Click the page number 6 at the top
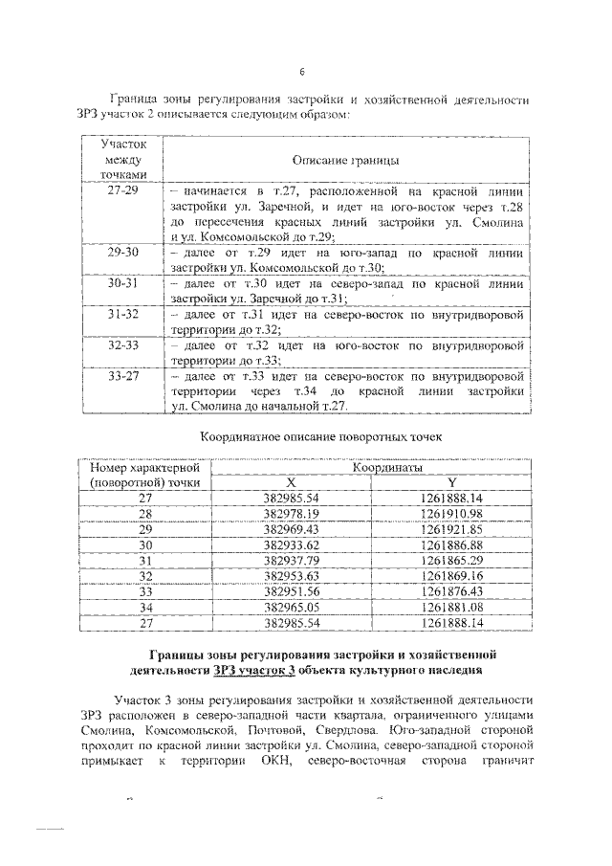coord(302,72)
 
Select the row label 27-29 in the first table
coord(123,190)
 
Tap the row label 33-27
coord(123,377)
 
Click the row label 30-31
coord(123,284)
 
